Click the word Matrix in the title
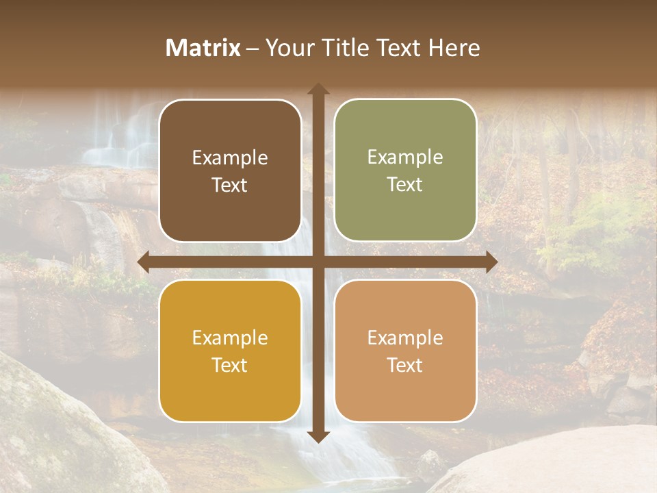[x=203, y=48]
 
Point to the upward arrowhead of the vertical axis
[x=318, y=90]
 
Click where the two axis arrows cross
[x=318, y=262]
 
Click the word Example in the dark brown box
[x=230, y=158]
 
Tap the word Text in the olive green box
[x=405, y=185]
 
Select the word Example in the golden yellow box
[x=230, y=338]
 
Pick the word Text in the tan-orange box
[x=405, y=365]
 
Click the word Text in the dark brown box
[x=230, y=185]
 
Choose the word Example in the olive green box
[x=405, y=157]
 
